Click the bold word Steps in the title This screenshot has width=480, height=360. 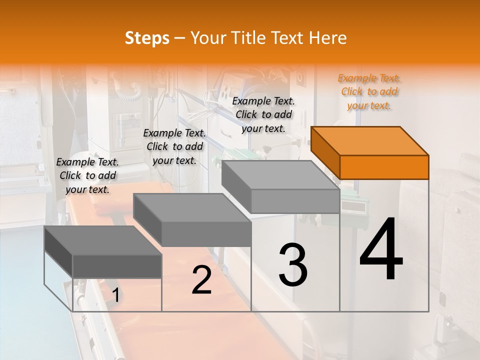[x=146, y=38]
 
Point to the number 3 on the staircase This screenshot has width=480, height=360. [x=293, y=265]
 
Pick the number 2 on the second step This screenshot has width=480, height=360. [x=201, y=280]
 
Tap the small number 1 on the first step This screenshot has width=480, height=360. [x=115, y=295]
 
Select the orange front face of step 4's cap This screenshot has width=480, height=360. [x=384, y=167]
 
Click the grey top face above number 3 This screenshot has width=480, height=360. [x=280, y=175]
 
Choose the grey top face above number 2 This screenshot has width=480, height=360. [x=192, y=207]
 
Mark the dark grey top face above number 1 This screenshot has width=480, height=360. [x=103, y=240]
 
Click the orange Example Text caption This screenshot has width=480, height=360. [x=369, y=91]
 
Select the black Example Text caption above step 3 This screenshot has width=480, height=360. [x=263, y=114]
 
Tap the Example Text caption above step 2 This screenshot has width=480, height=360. [x=174, y=146]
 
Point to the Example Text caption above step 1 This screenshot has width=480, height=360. [x=87, y=175]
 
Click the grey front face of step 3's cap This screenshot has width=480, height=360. [x=295, y=201]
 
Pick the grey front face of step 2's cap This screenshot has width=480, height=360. [x=206, y=234]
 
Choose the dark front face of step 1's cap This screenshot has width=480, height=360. [x=117, y=266]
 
